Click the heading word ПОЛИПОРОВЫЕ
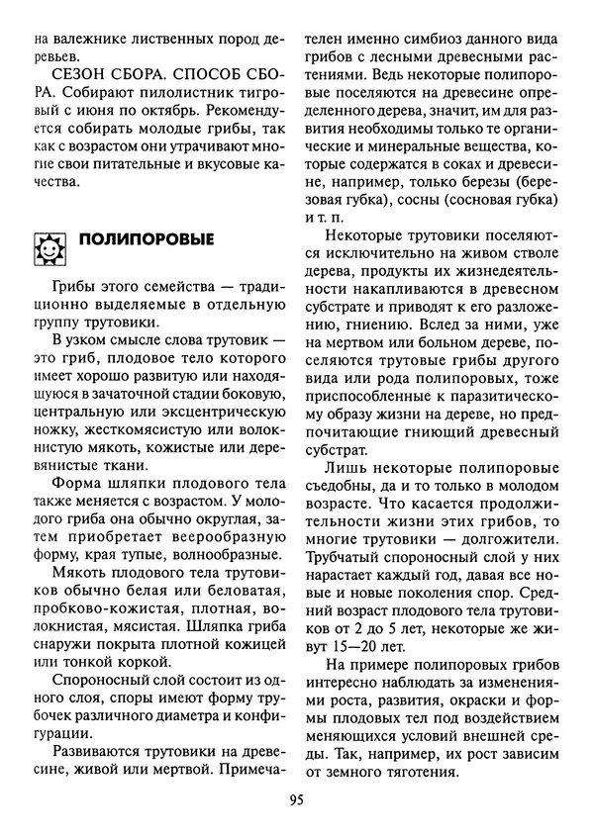146,240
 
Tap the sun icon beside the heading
49,245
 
